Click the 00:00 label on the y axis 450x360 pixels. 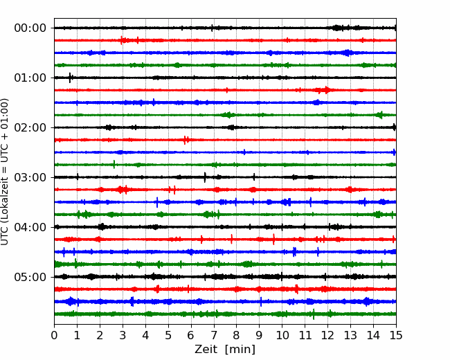coord(30,28)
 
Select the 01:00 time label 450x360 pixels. coord(30,78)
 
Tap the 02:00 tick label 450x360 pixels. coord(30,128)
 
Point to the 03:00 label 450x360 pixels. coord(30,177)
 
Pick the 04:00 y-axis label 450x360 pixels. coord(30,227)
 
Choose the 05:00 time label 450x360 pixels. coord(30,277)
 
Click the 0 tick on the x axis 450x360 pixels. coord(54,335)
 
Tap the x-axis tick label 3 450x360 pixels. coord(123,335)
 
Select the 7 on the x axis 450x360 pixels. coord(214,335)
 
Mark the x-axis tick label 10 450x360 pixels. coord(282,335)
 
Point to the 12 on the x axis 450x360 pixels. coord(327,335)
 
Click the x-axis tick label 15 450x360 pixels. coord(396,335)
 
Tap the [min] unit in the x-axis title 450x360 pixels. coord(240,350)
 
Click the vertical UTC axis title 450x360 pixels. coord(4,172)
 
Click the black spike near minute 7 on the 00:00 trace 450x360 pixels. coord(212,28)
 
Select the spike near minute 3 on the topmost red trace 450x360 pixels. coord(121,40)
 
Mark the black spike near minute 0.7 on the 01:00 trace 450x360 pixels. coord(70,78)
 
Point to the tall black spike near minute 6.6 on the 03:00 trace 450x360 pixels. coord(205,177)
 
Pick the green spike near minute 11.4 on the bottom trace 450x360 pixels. coord(314,314)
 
